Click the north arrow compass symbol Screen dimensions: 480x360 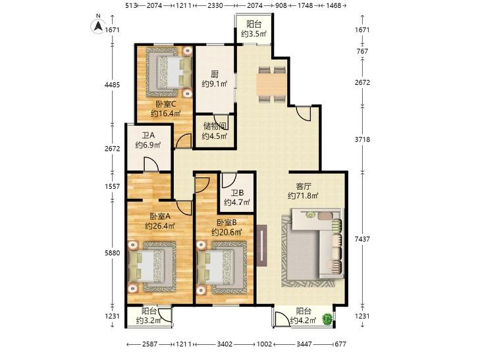[98, 26]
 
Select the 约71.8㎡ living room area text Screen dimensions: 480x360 [303, 195]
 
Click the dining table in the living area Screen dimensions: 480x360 [271, 84]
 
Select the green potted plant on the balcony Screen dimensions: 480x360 [327, 319]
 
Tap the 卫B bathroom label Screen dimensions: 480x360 [237, 193]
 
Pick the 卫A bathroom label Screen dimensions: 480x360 [148, 135]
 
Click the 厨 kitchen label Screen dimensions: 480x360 [215, 74]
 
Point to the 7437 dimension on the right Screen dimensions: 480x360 [362, 238]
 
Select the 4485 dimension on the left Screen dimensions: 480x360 [113, 85]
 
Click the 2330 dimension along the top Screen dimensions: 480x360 [215, 5]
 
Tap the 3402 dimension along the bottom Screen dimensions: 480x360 [225, 344]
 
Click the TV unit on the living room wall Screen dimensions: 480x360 [262, 245]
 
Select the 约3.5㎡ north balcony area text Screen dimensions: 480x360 [253, 34]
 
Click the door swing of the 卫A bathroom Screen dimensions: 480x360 [151, 164]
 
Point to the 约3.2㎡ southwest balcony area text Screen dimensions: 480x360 [149, 321]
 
